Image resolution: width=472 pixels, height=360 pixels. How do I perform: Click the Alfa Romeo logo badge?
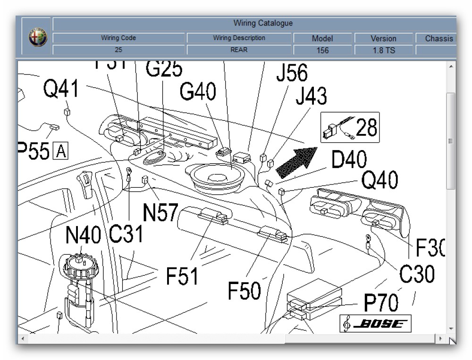click(38, 38)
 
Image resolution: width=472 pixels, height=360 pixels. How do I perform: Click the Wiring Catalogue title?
click(263, 23)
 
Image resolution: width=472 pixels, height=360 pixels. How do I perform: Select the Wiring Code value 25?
click(118, 50)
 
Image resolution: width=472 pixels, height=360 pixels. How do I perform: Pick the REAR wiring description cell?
click(239, 50)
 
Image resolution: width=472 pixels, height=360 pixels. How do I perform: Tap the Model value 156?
click(322, 50)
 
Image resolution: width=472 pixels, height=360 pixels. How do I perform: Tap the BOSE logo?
click(375, 324)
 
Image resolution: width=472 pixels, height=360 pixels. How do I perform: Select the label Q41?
click(61, 89)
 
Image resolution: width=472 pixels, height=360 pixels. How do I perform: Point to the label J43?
click(311, 97)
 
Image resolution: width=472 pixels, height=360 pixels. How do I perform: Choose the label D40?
click(349, 160)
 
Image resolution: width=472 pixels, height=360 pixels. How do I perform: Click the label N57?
click(160, 213)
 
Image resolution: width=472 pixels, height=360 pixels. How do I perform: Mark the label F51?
click(182, 276)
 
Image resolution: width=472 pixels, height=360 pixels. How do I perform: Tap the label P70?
click(380, 302)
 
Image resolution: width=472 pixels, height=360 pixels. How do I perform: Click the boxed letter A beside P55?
click(61, 151)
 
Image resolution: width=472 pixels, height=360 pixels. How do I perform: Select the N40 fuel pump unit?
click(81, 283)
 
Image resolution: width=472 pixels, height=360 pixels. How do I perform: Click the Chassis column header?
click(438, 39)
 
